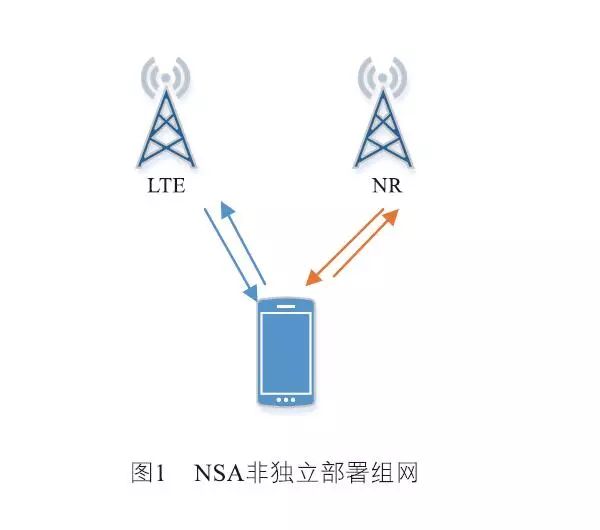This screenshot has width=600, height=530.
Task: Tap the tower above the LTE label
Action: click(165, 130)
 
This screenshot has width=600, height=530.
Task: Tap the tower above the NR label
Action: click(384, 130)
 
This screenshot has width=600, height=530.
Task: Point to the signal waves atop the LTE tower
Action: click(165, 75)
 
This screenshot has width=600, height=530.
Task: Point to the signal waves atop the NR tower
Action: click(384, 75)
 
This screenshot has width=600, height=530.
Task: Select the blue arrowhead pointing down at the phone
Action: click(251, 292)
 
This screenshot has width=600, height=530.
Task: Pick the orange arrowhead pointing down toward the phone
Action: click(313, 275)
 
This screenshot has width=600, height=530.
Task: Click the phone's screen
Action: click(286, 352)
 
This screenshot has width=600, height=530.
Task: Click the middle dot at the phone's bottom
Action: click(286, 400)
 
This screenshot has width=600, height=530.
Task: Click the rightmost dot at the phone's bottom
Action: click(295, 400)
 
